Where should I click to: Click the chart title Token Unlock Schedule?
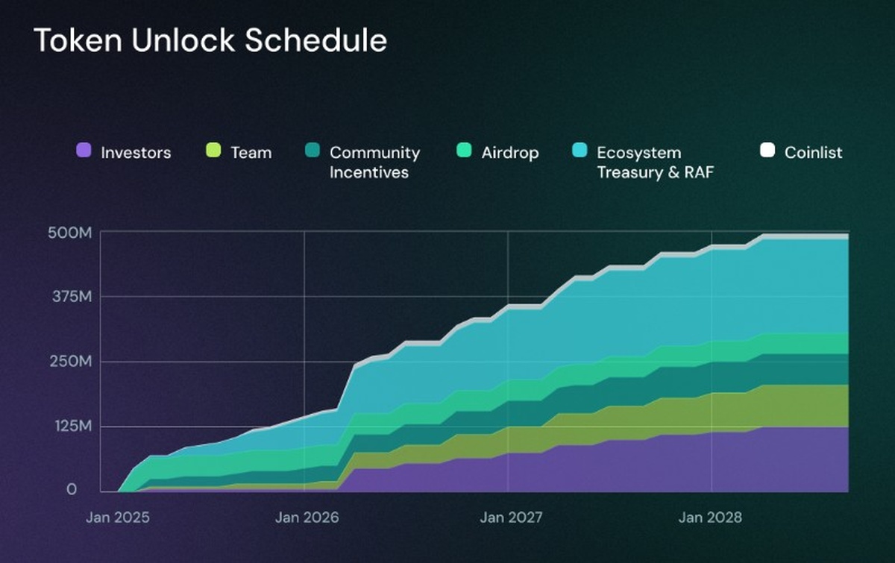[x=210, y=41]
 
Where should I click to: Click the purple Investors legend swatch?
[x=84, y=151]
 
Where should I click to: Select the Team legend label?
[x=251, y=153]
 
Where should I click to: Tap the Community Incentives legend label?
[x=374, y=163]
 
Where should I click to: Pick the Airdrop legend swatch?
[x=464, y=151]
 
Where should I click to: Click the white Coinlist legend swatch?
[x=767, y=151]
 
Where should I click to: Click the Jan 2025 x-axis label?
[x=118, y=516]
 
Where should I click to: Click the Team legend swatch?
[x=214, y=151]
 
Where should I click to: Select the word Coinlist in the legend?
[x=813, y=153]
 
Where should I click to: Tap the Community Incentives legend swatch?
[x=313, y=151]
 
